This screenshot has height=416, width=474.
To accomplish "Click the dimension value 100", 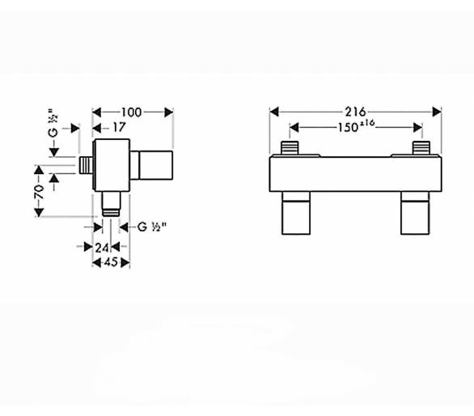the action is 132,112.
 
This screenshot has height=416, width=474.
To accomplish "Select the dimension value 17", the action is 119,127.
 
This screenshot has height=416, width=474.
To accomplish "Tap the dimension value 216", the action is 356,112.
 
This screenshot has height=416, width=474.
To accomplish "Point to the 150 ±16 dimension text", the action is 356,126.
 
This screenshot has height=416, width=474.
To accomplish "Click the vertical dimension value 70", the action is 39,191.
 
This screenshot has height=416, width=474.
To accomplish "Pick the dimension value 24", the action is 102,248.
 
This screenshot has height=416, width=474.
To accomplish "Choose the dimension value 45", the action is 111,262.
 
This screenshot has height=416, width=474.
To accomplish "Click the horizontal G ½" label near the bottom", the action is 152,227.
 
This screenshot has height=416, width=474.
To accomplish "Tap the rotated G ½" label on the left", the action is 53,123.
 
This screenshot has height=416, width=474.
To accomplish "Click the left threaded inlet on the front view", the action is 290,148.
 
